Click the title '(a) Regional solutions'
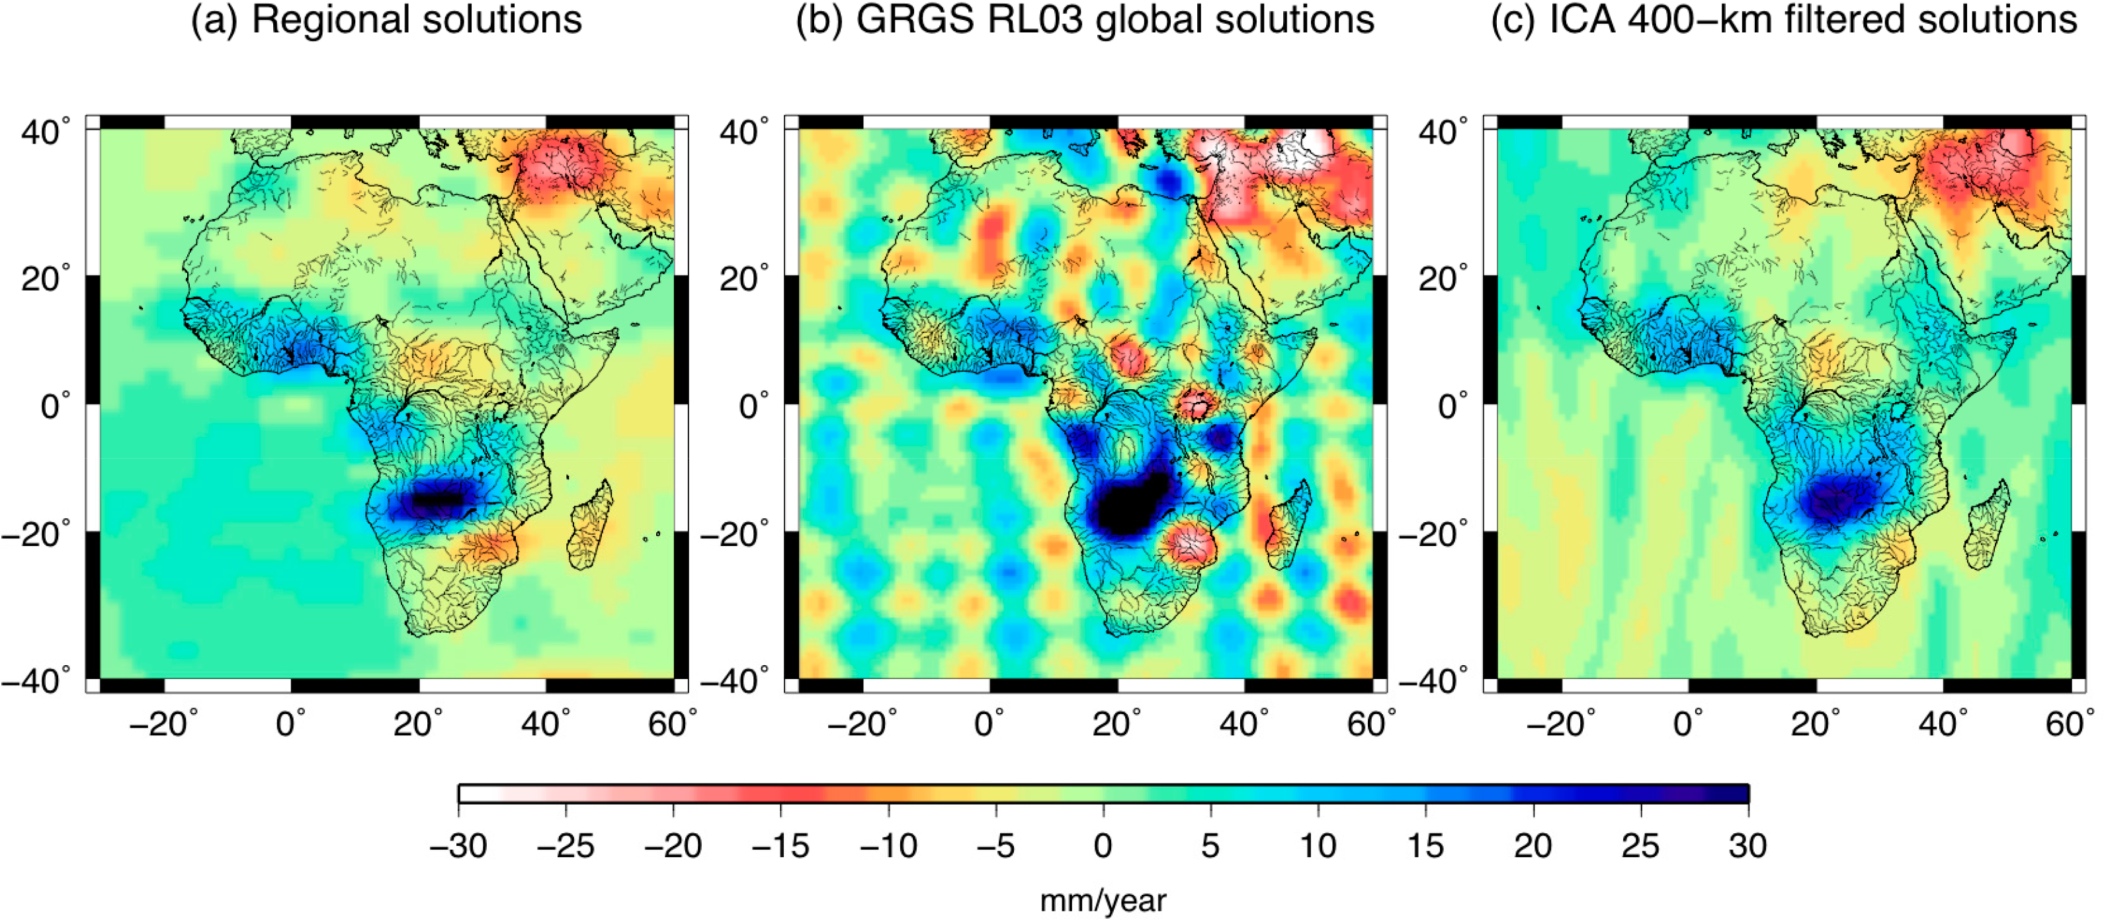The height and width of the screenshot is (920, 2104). [x=386, y=20]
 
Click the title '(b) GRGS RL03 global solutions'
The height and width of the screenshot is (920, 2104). [x=1085, y=20]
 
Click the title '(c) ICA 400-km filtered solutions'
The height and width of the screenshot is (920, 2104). [x=1784, y=20]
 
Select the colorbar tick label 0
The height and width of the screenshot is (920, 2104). [x=1103, y=847]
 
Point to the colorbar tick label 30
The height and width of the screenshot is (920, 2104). [x=1747, y=847]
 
